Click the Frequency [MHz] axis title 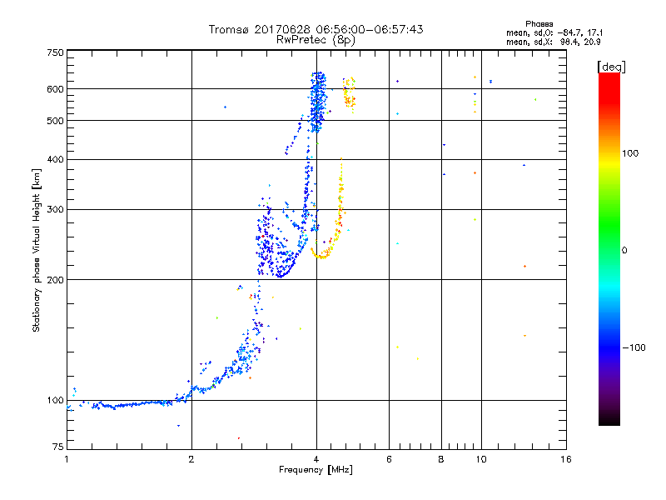tap(316, 471)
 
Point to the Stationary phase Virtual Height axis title tap(37, 250)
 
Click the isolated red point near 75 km tap(238, 437)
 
